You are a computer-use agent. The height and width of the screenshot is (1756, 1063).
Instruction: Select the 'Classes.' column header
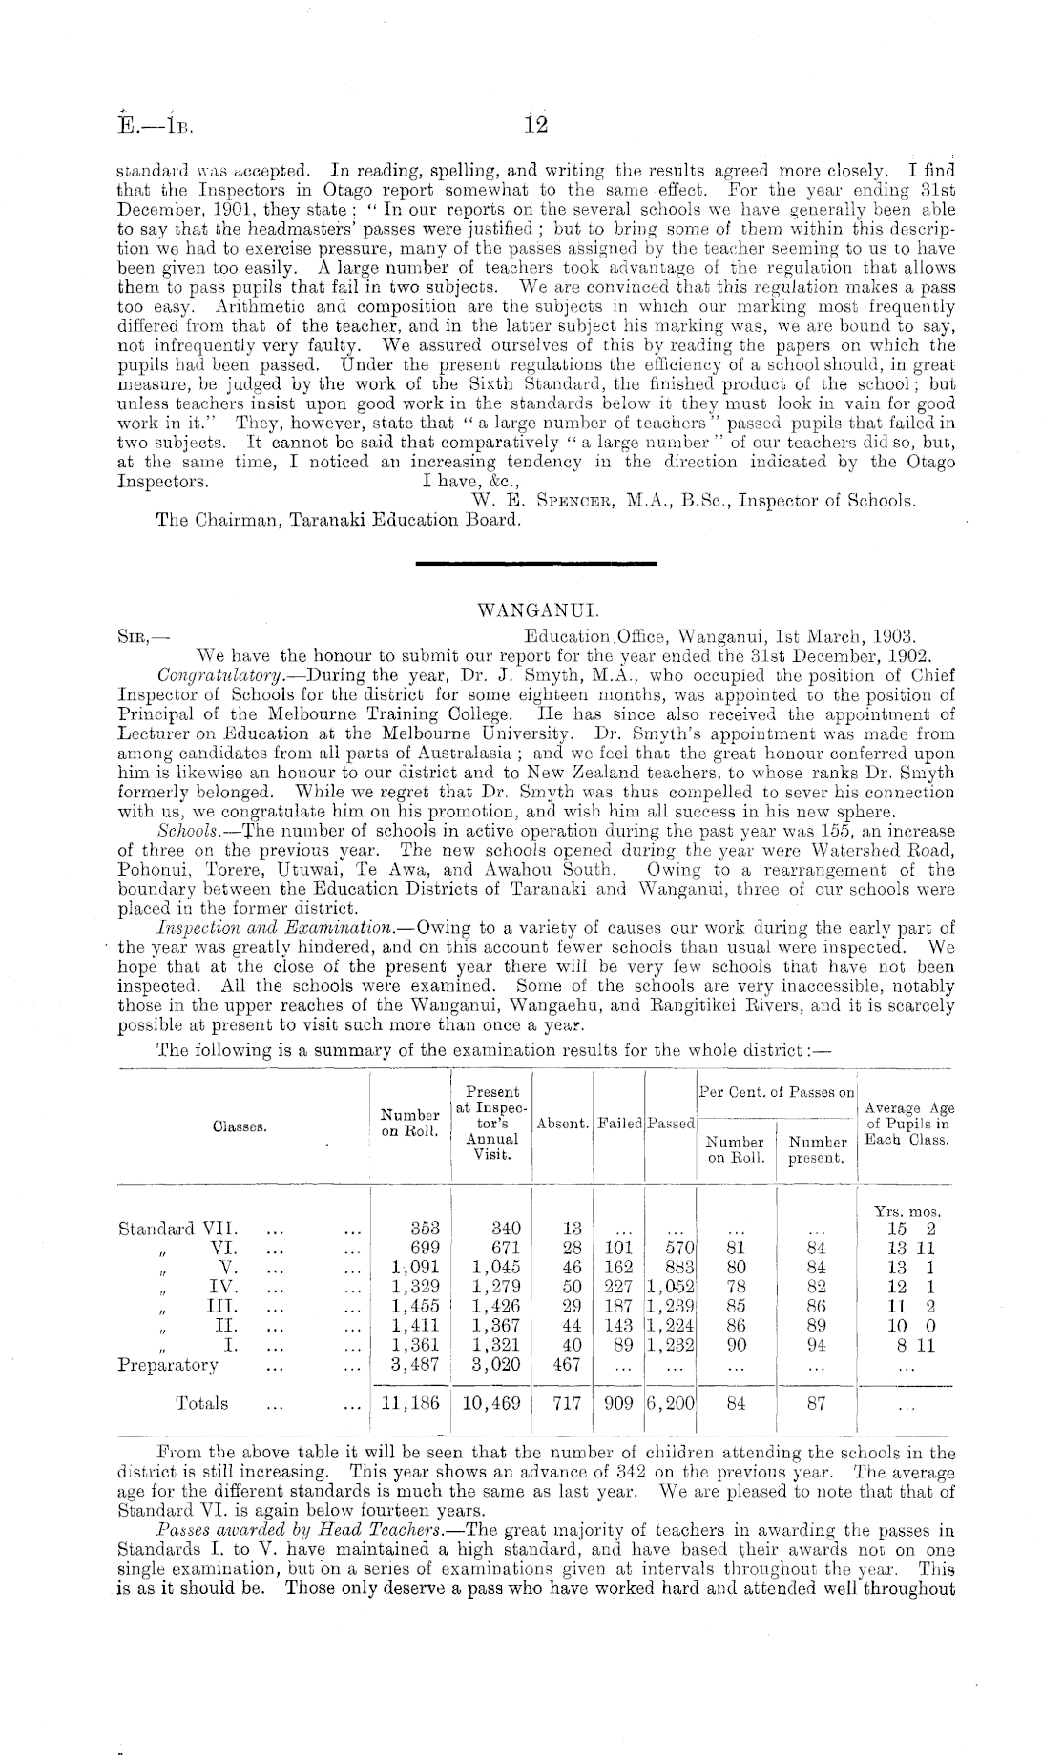[239, 1126]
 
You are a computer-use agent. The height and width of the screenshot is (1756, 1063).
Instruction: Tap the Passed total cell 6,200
[672, 1403]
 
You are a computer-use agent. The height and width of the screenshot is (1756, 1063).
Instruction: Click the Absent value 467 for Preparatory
[567, 1364]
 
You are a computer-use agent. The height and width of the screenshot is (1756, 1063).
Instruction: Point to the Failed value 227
[619, 1286]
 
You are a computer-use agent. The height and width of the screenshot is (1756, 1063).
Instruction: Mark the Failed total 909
[619, 1403]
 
